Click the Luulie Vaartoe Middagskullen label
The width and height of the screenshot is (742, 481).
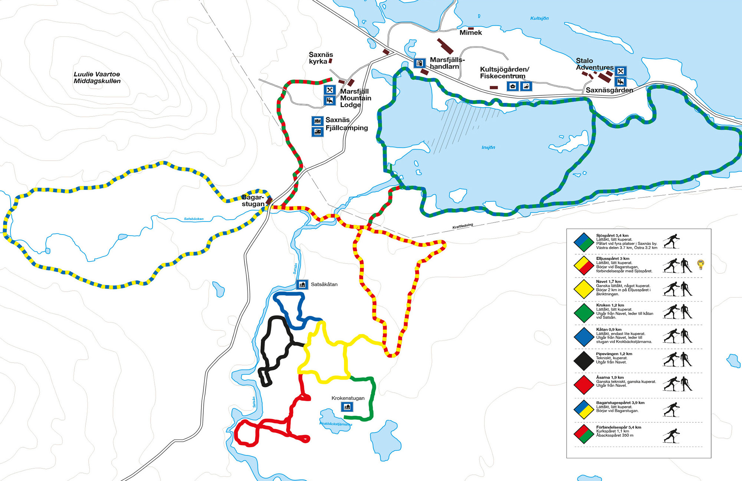(97, 78)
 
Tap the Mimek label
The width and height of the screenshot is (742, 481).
(470, 33)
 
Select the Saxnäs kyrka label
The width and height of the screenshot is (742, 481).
(321, 58)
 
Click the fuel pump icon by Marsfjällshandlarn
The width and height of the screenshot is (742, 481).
(420, 63)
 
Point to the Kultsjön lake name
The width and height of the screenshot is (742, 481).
(539, 18)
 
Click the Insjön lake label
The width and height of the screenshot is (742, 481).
(488, 147)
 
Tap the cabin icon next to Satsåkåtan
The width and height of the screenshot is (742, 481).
(302, 285)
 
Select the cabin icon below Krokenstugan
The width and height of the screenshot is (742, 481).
(347, 407)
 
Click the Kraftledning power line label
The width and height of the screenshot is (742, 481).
(463, 226)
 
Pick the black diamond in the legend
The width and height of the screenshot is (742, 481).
(584, 360)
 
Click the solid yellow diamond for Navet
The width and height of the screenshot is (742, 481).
(584, 289)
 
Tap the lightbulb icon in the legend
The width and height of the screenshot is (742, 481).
(700, 264)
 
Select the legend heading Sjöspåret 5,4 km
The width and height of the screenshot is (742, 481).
(612, 235)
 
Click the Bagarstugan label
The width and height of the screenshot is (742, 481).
(253, 200)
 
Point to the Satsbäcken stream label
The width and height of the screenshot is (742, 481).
(194, 219)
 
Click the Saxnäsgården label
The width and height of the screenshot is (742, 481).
(609, 90)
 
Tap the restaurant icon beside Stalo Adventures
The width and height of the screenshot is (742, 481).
(620, 71)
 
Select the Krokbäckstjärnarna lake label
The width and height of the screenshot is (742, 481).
(336, 424)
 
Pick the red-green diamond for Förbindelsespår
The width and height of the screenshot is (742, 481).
(584, 434)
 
